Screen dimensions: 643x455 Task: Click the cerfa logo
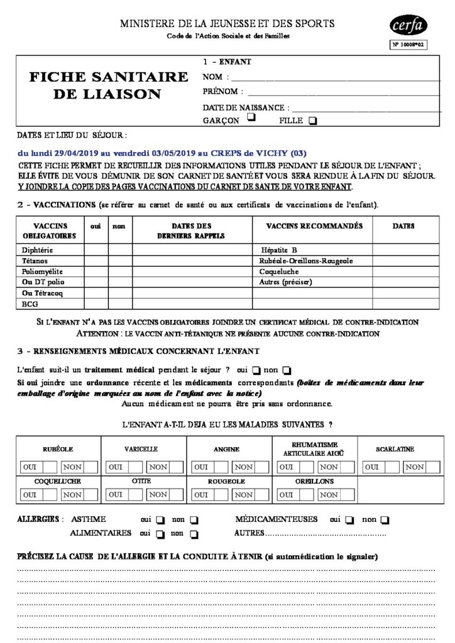click(x=408, y=25)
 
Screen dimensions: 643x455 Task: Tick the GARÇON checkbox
click(x=251, y=117)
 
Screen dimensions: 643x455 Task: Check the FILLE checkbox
click(x=313, y=121)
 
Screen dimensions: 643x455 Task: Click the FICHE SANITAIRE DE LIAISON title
click(x=109, y=85)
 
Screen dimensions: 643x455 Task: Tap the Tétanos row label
click(x=35, y=261)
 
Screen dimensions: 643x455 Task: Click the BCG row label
click(x=30, y=303)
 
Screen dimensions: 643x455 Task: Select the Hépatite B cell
click(x=279, y=250)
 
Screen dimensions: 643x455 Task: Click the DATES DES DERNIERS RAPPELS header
click(x=191, y=230)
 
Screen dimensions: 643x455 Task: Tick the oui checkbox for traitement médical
click(x=256, y=369)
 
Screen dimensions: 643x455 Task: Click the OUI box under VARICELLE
click(x=116, y=467)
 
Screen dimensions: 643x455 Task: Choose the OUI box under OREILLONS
click(x=287, y=494)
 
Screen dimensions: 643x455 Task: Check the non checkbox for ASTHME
click(x=194, y=520)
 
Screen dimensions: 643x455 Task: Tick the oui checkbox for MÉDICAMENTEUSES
click(x=350, y=520)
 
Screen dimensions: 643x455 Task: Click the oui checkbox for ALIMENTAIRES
click(x=160, y=534)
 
